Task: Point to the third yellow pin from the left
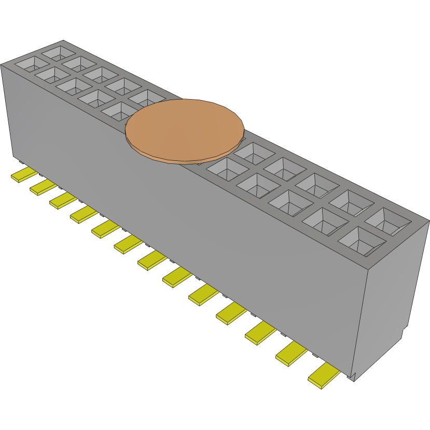(63, 200)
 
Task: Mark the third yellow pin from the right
(261, 332)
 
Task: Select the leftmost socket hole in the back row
(58, 52)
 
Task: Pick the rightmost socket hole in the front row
(362, 241)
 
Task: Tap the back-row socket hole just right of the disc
(254, 153)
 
